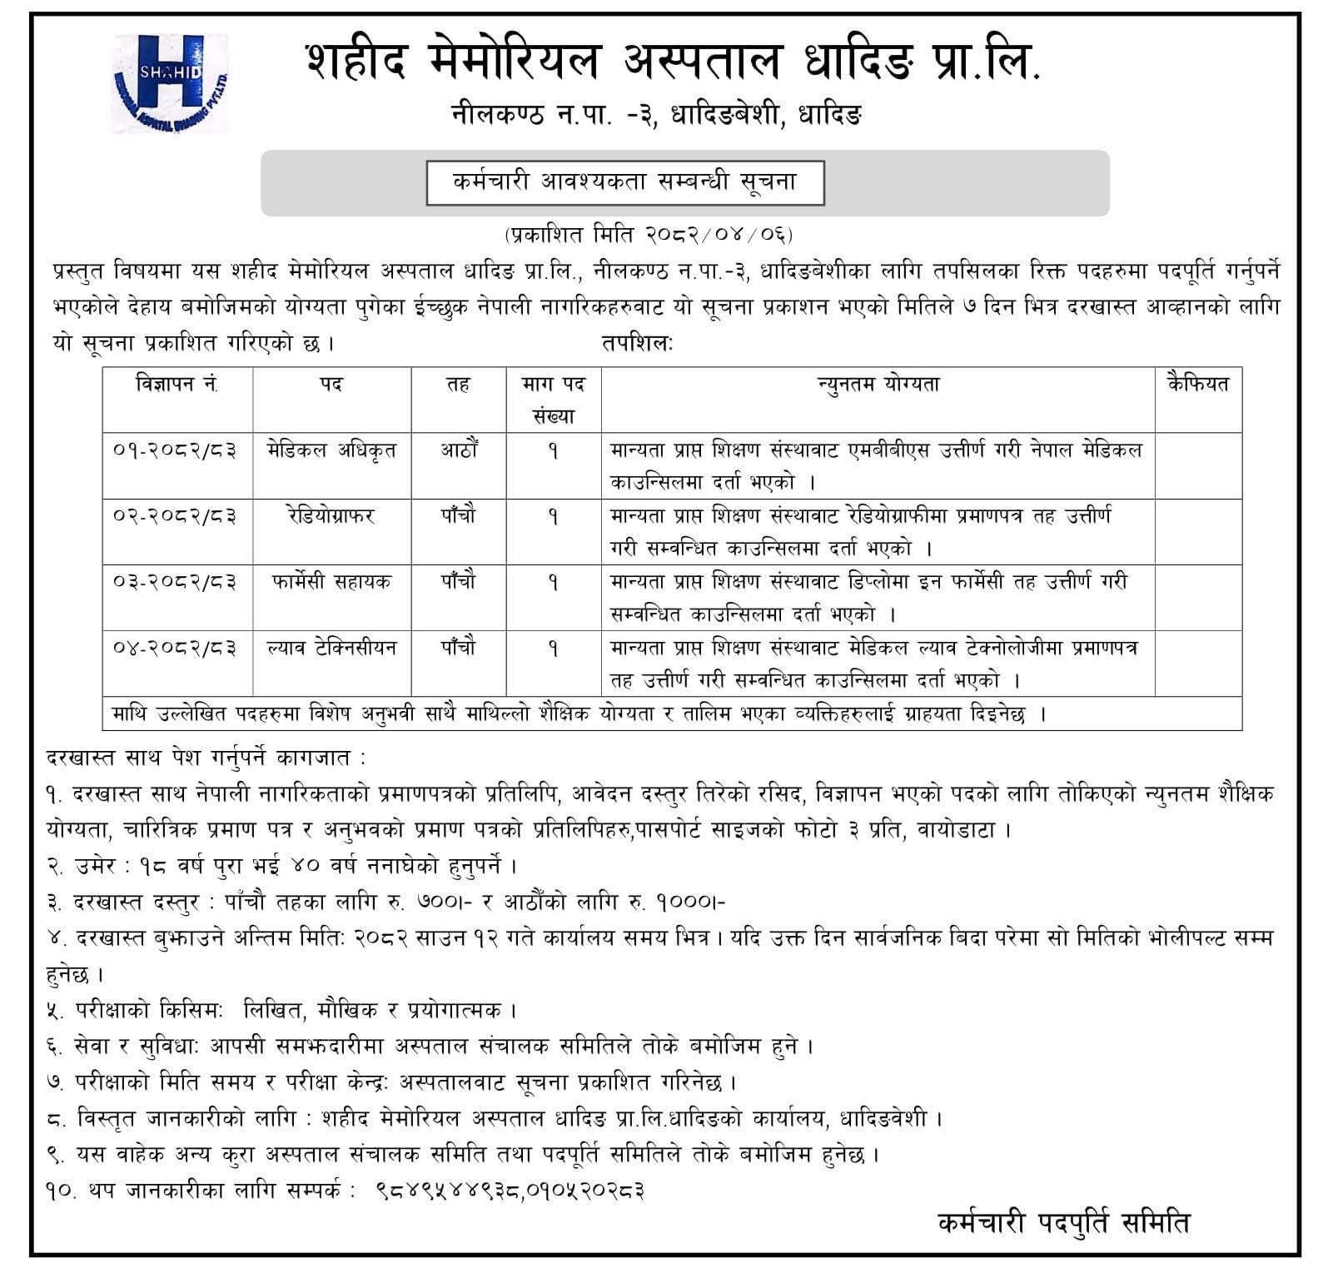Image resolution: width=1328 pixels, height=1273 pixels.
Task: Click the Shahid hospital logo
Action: pyautogui.click(x=170, y=82)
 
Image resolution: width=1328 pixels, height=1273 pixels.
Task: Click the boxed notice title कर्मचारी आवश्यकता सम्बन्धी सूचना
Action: pyautogui.click(x=624, y=182)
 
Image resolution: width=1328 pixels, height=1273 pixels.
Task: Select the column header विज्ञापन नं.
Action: pyautogui.click(x=177, y=384)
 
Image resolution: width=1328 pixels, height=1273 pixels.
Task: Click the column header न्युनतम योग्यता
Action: pyautogui.click(x=878, y=384)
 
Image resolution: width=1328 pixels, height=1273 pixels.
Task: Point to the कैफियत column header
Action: pyautogui.click(x=1198, y=384)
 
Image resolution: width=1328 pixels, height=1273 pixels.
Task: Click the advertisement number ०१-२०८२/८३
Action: pyautogui.click(x=175, y=450)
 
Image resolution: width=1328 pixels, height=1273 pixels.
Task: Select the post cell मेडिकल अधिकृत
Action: pyautogui.click(x=331, y=450)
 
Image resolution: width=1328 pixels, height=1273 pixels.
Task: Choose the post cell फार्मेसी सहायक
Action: pyautogui.click(x=331, y=582)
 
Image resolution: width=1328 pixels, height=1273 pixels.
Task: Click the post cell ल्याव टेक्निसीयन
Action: pyautogui.click(x=331, y=648)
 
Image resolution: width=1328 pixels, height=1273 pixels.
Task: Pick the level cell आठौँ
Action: pyautogui.click(x=459, y=450)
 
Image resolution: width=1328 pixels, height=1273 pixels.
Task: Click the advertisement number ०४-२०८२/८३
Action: pyautogui.click(x=175, y=648)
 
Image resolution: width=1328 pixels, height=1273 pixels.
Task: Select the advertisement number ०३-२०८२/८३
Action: pyautogui.click(x=175, y=582)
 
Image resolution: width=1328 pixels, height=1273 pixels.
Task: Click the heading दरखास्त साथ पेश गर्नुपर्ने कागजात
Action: pyautogui.click(x=205, y=758)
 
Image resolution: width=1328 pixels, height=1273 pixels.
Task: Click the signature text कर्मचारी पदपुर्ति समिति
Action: pyautogui.click(x=1063, y=1223)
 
